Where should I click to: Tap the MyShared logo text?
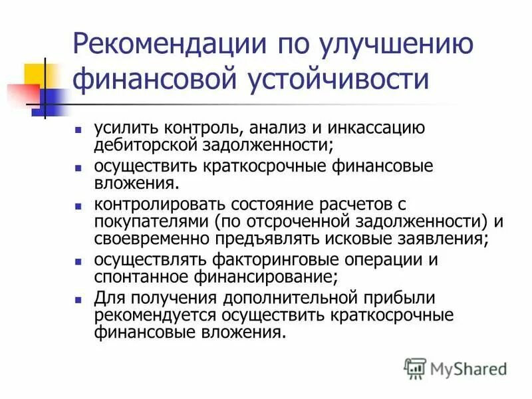[x=465, y=368]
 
